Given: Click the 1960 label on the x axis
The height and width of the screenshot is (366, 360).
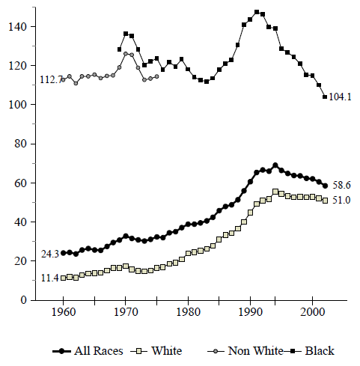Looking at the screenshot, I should [64, 314].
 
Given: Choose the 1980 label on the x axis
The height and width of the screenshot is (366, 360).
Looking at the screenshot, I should [188, 314].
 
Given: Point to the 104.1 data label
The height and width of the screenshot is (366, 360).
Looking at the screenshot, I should [341, 97].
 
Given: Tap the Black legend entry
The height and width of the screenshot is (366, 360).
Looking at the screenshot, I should [308, 350].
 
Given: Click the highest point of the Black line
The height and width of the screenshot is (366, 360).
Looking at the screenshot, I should [257, 12].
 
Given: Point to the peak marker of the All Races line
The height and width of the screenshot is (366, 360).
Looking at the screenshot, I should [275, 165].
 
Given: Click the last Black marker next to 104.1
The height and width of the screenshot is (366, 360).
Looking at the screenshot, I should [325, 97].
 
